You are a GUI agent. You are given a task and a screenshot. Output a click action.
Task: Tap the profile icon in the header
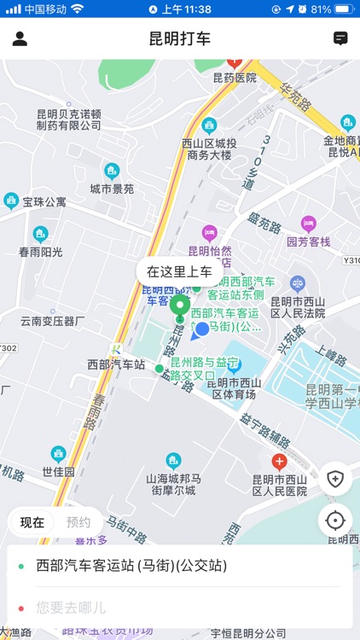20,38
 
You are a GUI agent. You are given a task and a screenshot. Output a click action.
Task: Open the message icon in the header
340,38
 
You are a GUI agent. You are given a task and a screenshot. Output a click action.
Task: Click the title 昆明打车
180,38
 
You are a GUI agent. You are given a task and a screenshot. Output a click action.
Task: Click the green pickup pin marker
180,307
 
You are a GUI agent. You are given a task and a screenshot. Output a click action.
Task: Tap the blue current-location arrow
201,330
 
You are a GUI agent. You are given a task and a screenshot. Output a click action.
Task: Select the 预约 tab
78,522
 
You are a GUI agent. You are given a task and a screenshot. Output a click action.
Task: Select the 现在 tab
32,522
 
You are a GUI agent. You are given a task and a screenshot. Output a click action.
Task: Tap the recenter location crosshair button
335,520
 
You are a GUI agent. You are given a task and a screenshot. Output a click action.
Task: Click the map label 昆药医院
235,78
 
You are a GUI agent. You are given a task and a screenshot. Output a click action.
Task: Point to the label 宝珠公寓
44,202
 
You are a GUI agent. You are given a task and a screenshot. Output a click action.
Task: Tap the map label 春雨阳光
41,252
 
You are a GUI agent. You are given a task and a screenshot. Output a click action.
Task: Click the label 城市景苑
112,189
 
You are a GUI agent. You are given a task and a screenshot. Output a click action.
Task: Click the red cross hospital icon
279,462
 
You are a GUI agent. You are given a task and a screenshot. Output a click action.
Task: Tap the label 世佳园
59,471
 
